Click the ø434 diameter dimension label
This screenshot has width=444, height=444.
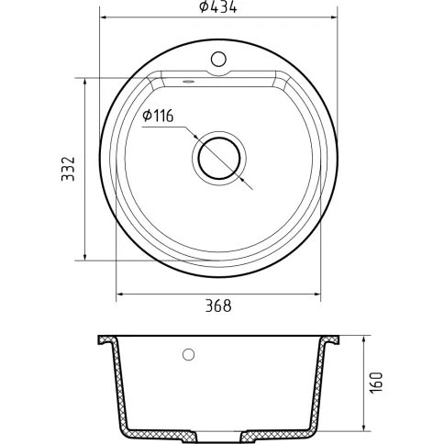pyautogui.click(x=217, y=7)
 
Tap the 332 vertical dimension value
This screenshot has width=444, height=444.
pyautogui.click(x=68, y=169)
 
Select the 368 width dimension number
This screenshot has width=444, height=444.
pyautogui.click(x=218, y=305)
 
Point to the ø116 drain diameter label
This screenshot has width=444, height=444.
pyautogui.click(x=158, y=116)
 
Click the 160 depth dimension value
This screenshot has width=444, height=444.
pyautogui.click(x=376, y=383)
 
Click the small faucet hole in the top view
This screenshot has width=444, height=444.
pyautogui.click(x=218, y=60)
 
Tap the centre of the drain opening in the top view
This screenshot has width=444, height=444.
pyautogui.click(x=219, y=158)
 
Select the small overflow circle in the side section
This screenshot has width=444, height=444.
pyautogui.click(x=188, y=354)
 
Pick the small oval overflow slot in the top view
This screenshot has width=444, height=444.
pyautogui.click(x=188, y=82)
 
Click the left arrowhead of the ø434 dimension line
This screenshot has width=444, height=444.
pyautogui.click(x=103, y=17)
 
